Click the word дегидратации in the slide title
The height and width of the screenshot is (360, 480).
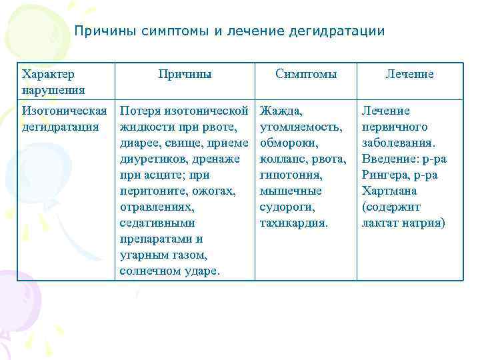coord(339,31)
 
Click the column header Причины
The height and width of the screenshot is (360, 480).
coord(185,74)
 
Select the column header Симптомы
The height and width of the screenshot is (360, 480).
coord(306,74)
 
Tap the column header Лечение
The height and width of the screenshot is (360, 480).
coord(409,74)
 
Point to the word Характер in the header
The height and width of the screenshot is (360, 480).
coord(48,74)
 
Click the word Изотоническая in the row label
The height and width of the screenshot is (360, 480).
coord(64,111)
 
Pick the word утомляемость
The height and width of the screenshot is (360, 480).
coord(301,127)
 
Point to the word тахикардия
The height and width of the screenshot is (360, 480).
coord(293,223)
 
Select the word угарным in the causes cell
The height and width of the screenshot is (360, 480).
coord(143,255)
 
